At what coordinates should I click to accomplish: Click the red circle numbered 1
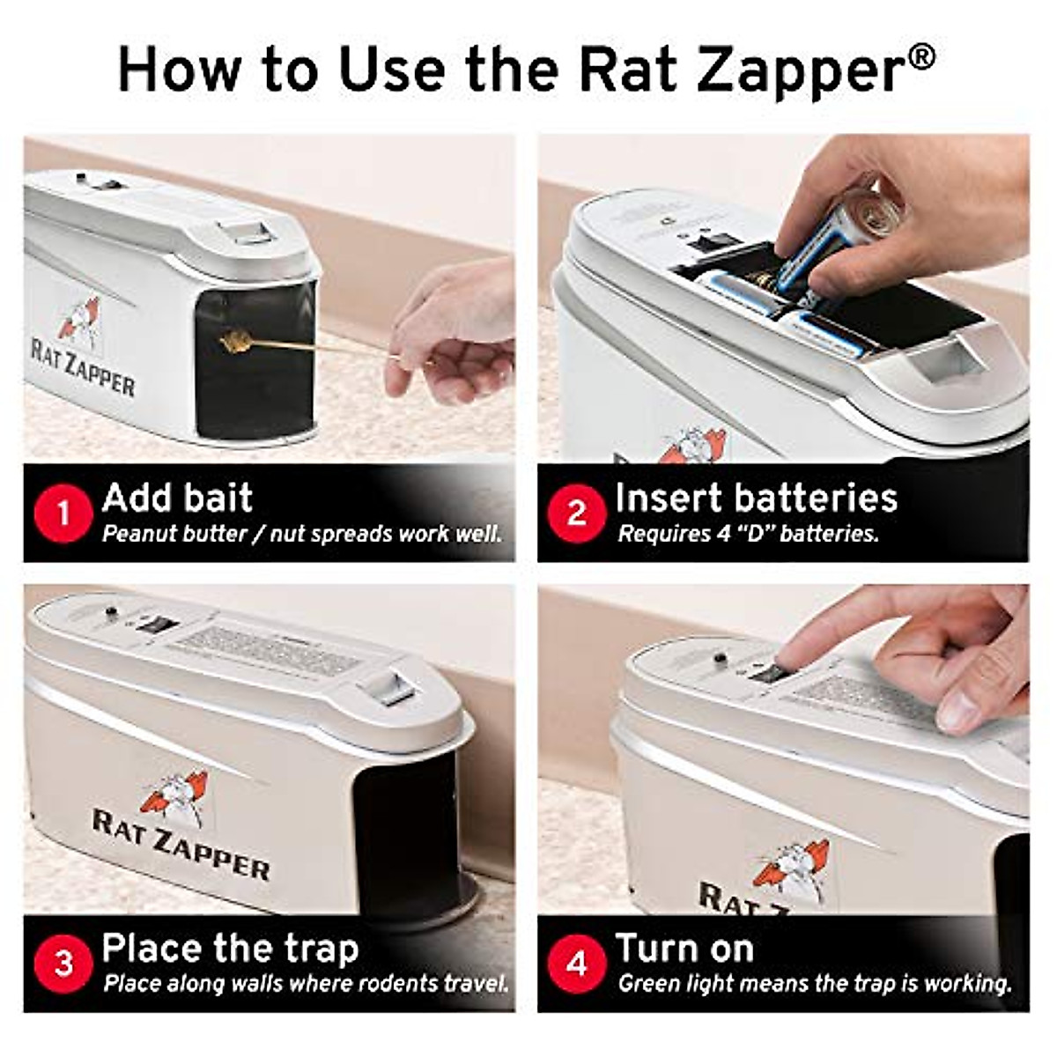(x=63, y=513)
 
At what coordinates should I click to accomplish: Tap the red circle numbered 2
(x=576, y=513)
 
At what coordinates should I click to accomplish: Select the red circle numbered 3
(x=63, y=963)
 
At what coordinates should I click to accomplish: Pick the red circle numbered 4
(x=576, y=963)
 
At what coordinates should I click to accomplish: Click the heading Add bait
(x=177, y=498)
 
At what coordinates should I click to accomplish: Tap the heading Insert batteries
(x=756, y=498)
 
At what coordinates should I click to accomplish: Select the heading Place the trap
(x=230, y=949)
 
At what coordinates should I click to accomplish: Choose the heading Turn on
(x=684, y=949)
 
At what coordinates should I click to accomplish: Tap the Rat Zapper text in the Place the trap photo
(x=181, y=846)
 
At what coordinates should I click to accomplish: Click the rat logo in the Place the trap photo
(x=176, y=795)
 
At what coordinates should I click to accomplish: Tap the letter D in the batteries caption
(x=758, y=534)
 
